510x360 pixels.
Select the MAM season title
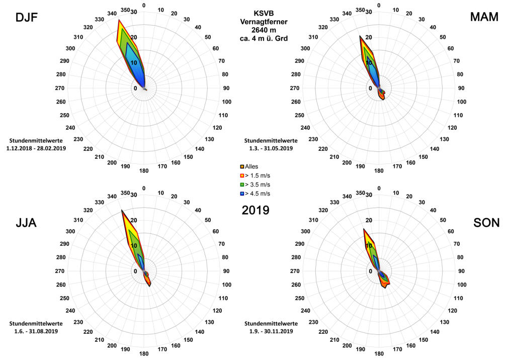coord(484,17)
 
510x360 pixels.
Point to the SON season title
coord(486,222)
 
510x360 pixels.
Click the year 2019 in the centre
coord(256,210)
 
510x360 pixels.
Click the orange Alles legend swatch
coord(242,166)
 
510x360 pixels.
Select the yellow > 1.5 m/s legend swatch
coord(242,175)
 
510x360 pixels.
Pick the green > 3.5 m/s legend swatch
coord(242,185)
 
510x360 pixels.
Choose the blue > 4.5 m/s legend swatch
coord(242,194)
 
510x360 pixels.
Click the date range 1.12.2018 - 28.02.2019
coord(37,148)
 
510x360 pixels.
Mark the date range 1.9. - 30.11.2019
coord(271,331)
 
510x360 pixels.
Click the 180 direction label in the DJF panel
coord(144,171)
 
